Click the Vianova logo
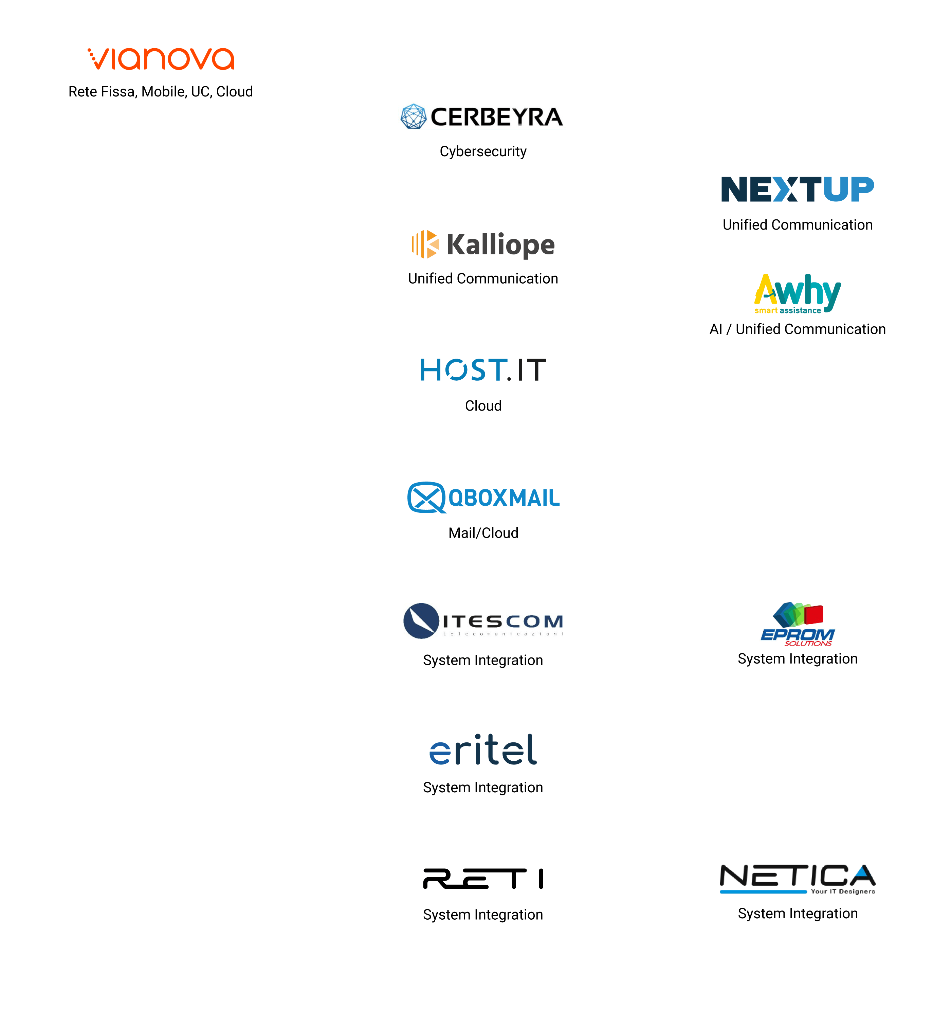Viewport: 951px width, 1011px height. tap(161, 59)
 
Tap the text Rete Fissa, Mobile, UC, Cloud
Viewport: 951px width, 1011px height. tap(161, 92)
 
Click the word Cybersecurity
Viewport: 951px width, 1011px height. tap(483, 151)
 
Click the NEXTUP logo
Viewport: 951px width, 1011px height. tap(798, 189)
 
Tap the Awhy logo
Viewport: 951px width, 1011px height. tap(798, 293)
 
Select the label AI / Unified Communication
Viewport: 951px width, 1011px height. tap(798, 329)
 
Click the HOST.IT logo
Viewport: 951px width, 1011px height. tap(483, 370)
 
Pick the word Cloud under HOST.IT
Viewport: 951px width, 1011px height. tap(483, 406)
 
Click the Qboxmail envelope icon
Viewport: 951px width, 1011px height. tap(426, 498)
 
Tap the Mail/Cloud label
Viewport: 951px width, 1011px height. tap(483, 533)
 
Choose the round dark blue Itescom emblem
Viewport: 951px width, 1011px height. tap(421, 621)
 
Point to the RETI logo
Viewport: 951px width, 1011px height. tap(483, 879)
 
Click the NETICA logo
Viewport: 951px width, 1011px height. tap(798, 878)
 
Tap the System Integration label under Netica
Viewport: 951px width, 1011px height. tap(798, 914)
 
